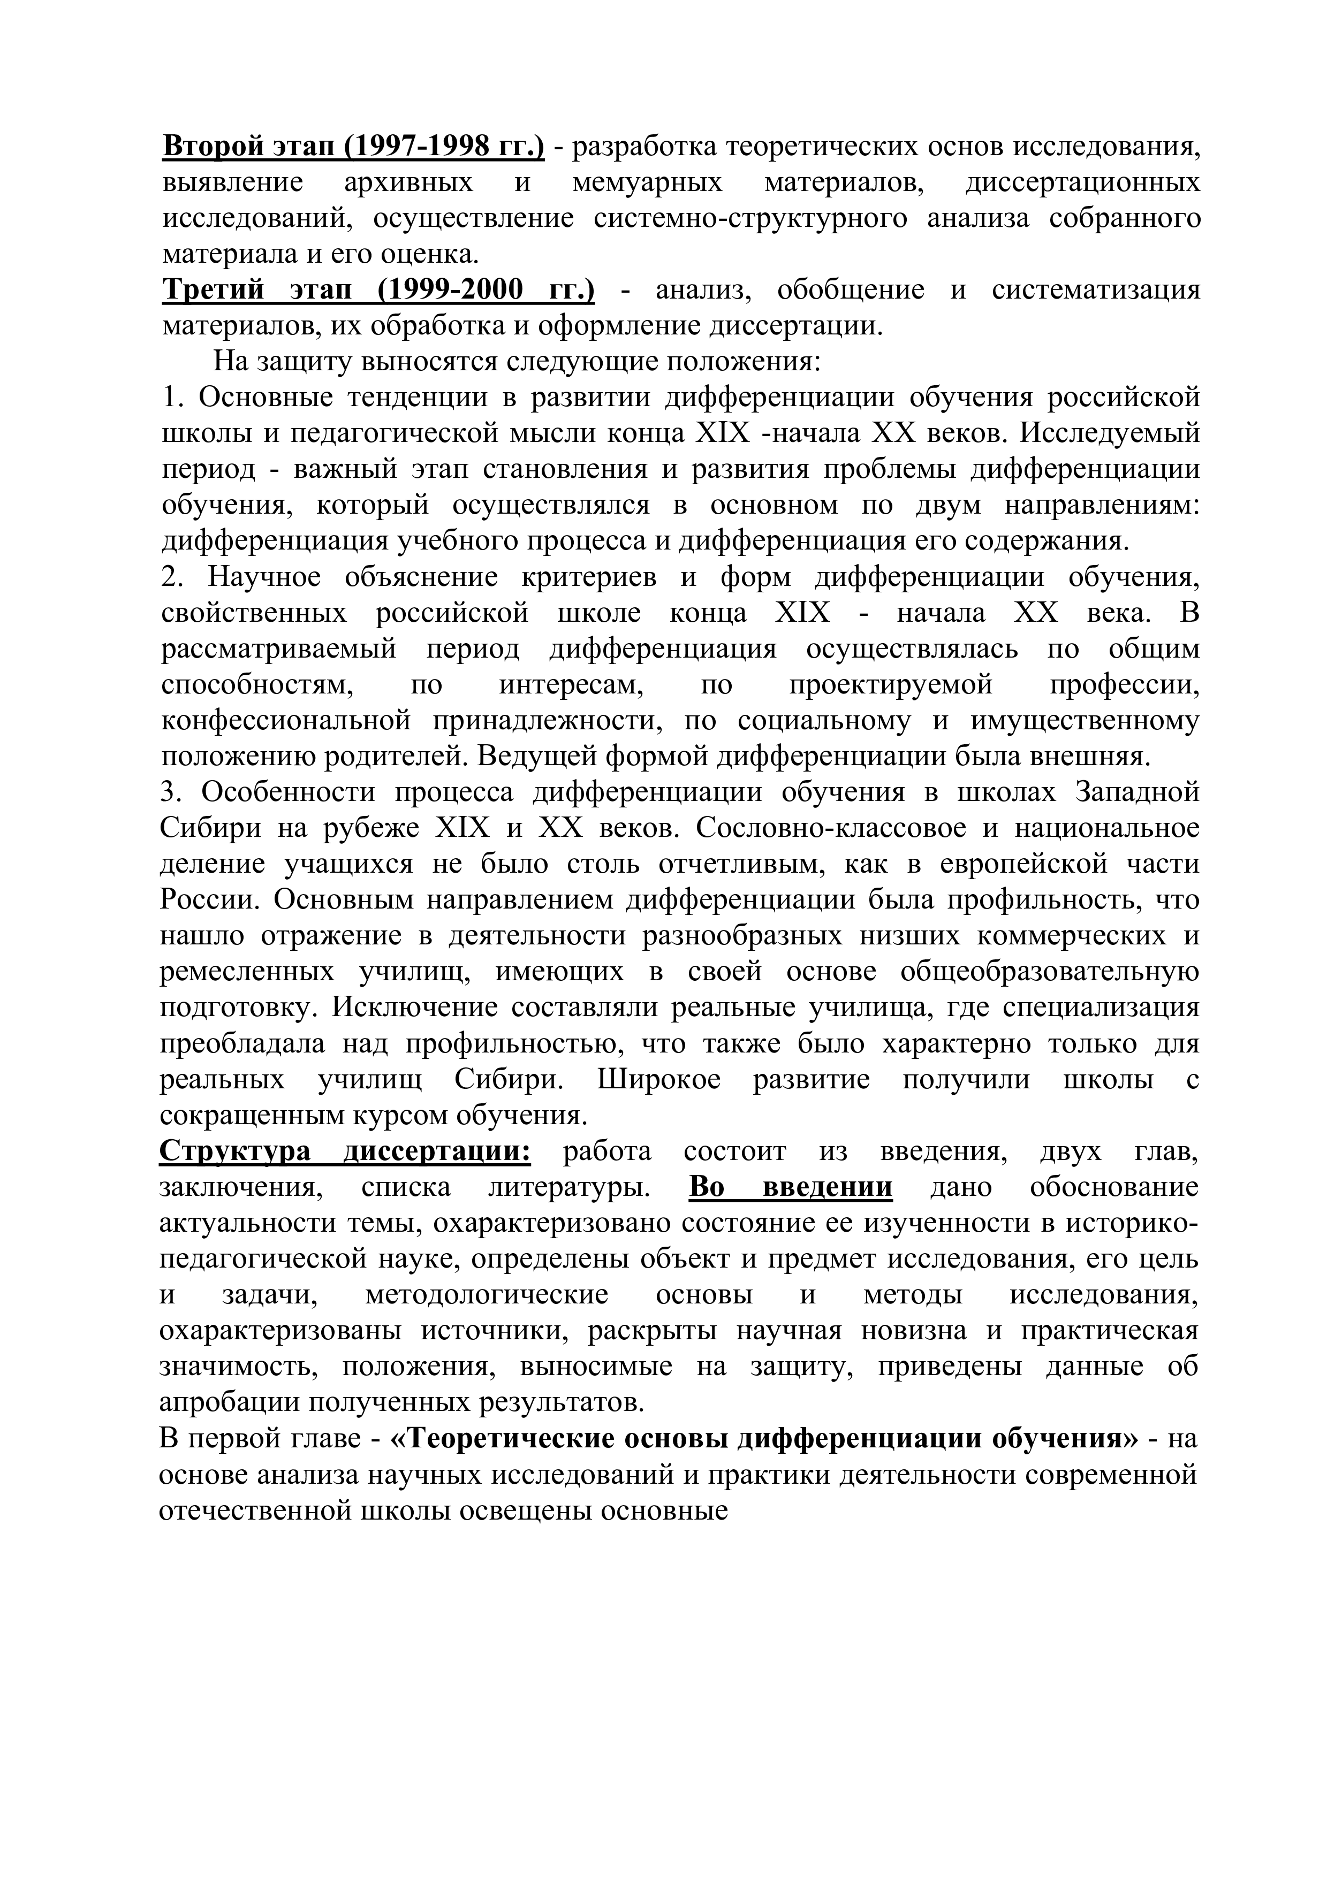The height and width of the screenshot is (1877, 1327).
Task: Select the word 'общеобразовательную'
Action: click(x=1050, y=973)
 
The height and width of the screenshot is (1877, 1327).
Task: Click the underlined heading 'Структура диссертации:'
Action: click(x=345, y=1152)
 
